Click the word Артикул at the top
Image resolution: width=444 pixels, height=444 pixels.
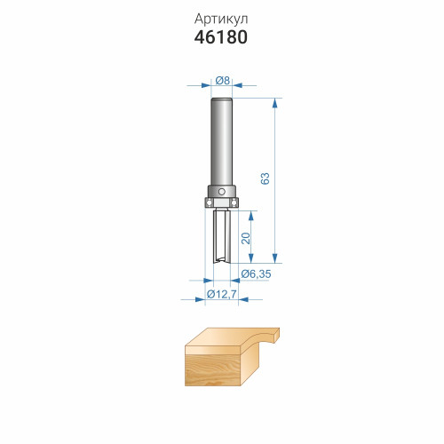221,20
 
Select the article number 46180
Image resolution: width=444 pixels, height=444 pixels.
221,37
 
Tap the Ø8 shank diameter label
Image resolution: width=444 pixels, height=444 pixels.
223,80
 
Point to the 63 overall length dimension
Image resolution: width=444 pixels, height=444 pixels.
266,178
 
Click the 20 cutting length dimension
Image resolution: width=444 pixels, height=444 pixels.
246,238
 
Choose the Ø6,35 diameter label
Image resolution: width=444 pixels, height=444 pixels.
256,274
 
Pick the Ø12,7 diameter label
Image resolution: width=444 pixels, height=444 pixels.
222,294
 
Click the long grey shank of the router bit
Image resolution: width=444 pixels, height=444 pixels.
221,141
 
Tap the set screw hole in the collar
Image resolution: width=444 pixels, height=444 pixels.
222,192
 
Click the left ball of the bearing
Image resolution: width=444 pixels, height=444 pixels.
209,202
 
